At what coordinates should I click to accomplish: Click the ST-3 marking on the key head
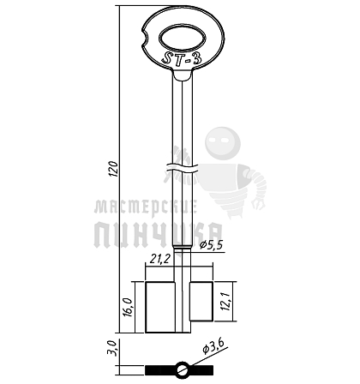tap(182, 59)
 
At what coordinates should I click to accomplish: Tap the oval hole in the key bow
tap(183, 39)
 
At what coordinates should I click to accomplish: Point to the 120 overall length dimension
tap(114, 169)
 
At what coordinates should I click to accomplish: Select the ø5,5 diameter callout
tap(211, 245)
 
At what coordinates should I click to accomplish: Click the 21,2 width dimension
tap(160, 259)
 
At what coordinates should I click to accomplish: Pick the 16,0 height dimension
tap(129, 307)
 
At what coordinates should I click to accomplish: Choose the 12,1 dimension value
tap(226, 301)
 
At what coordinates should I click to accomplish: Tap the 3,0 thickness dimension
tap(111, 348)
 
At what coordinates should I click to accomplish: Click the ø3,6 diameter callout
tap(213, 345)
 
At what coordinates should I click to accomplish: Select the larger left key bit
tap(160, 307)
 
